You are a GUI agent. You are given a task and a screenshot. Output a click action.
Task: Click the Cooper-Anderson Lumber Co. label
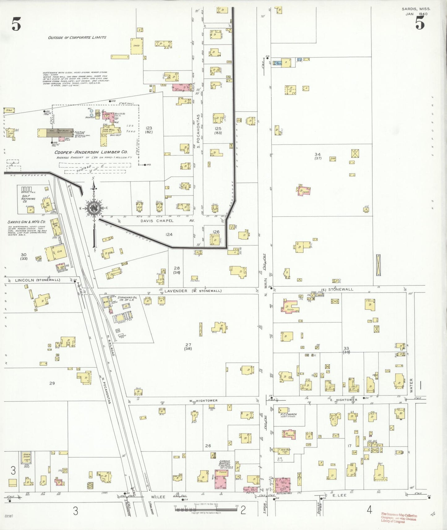pyautogui.click(x=91, y=152)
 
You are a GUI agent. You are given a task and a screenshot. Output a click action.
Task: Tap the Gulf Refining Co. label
pyautogui.click(x=28, y=199)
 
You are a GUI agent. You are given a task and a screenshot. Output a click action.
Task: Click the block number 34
pyautogui.click(x=317, y=154)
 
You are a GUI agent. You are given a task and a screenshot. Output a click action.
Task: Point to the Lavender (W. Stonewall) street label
pyautogui.click(x=193, y=291)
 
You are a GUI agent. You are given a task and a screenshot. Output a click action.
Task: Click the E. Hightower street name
pyautogui.click(x=343, y=400)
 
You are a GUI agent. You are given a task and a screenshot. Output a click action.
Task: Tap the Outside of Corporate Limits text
pyautogui.click(x=77, y=37)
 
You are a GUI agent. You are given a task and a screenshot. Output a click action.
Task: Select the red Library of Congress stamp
pyautogui.click(x=399, y=518)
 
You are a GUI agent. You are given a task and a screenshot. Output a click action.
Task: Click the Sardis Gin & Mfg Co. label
pyautogui.click(x=27, y=222)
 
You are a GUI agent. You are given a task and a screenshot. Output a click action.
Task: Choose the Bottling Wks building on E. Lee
pyautogui.click(x=282, y=485)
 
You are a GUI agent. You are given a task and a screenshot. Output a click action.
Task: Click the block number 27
pyautogui.click(x=188, y=344)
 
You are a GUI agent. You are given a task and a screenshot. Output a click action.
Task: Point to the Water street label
pyautogui.click(x=411, y=385)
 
